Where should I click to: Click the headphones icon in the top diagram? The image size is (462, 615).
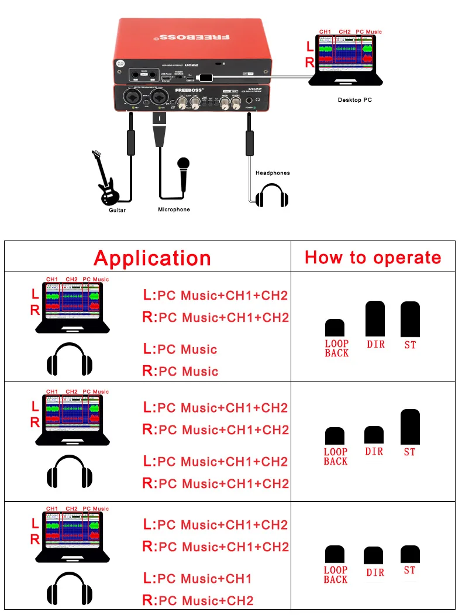click(x=273, y=195)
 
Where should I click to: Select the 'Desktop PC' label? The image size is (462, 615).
click(x=354, y=100)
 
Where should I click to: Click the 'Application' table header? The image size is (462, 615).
click(x=152, y=258)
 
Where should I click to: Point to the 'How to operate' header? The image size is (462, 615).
click(x=373, y=257)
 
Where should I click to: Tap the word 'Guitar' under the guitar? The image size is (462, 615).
click(x=117, y=210)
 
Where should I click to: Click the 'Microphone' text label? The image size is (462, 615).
click(x=174, y=209)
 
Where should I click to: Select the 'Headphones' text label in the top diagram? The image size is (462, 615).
click(x=273, y=173)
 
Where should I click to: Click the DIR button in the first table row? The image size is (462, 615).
click(x=375, y=319)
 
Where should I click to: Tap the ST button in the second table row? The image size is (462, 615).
click(x=410, y=428)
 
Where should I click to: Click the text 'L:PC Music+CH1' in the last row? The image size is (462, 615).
click(x=198, y=579)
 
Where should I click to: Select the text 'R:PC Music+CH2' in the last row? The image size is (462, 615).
click(x=198, y=601)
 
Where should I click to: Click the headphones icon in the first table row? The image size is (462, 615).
click(x=70, y=359)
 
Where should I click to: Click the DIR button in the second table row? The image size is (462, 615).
click(x=374, y=435)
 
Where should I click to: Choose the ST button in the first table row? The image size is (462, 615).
click(x=410, y=319)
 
